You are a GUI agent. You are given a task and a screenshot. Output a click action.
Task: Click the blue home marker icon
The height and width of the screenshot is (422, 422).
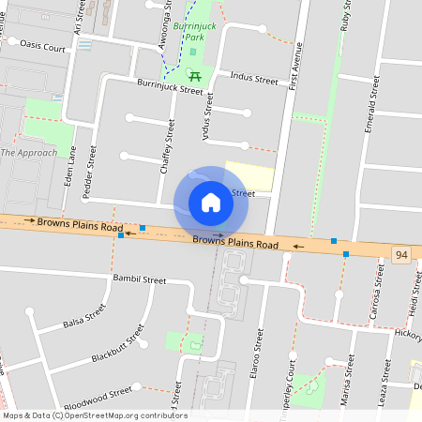(211, 202)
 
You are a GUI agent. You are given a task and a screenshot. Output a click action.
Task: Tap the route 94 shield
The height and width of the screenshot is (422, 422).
(402, 254)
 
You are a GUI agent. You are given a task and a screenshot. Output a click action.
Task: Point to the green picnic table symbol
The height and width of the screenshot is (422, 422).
(195, 75)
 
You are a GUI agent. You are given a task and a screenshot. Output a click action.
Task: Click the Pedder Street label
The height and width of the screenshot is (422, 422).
(91, 171)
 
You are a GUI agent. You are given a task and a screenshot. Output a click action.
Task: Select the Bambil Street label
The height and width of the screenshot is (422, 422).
(139, 279)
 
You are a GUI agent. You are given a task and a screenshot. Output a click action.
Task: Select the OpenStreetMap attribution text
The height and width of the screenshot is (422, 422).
(94, 415)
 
